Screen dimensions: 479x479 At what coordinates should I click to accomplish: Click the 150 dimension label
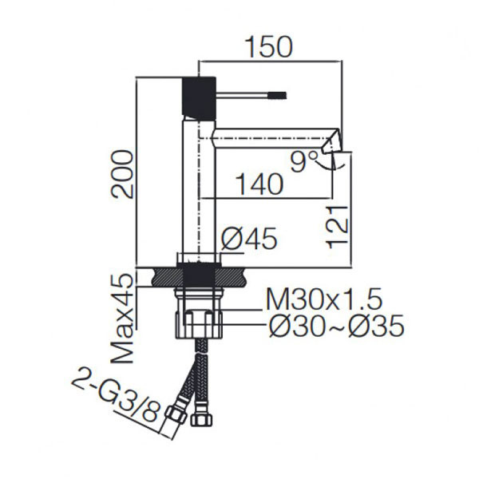(269, 47)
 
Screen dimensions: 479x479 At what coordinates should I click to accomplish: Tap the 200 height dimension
(122, 174)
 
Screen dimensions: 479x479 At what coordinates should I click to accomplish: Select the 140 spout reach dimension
(260, 184)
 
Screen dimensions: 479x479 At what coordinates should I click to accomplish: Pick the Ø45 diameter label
(249, 238)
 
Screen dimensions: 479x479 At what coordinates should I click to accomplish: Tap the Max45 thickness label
(122, 318)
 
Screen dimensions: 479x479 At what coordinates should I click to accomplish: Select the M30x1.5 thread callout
(324, 299)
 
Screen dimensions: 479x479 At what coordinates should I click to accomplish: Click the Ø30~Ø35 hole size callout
(337, 326)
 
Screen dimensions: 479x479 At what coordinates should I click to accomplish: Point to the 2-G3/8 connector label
(116, 394)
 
